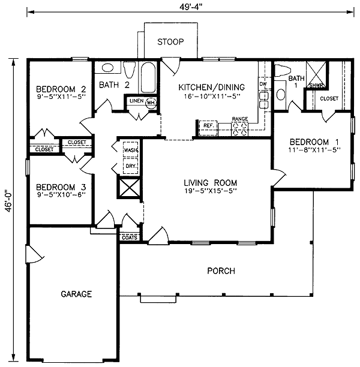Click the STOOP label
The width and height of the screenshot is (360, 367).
pos(170,42)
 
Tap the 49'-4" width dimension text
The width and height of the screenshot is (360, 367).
pos(191,7)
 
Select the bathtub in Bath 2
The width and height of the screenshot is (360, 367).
pos(148,77)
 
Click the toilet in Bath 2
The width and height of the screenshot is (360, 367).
pos(130,70)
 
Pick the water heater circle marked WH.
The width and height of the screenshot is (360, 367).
pos(151,103)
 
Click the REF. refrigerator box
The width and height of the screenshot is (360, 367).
pos(208,128)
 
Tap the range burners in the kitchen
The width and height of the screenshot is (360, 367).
pos(240,129)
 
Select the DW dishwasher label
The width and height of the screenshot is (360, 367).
pos(263,84)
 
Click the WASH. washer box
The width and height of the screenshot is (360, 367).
pos(130,149)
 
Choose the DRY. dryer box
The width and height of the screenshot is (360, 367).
pos(130,166)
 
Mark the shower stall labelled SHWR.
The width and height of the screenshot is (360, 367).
pos(316,75)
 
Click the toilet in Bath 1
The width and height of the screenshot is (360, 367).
pos(283,70)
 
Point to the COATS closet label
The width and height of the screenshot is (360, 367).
pos(130,237)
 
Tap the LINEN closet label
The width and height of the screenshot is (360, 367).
pos(137,101)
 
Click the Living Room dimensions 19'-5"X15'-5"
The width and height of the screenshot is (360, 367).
pos(211,191)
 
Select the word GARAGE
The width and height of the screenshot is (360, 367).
pos(76,294)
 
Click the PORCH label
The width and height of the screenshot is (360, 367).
pos(221,271)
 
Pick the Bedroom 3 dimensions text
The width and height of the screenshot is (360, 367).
pos(61,194)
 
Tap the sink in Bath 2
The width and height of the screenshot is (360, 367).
pos(107,68)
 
